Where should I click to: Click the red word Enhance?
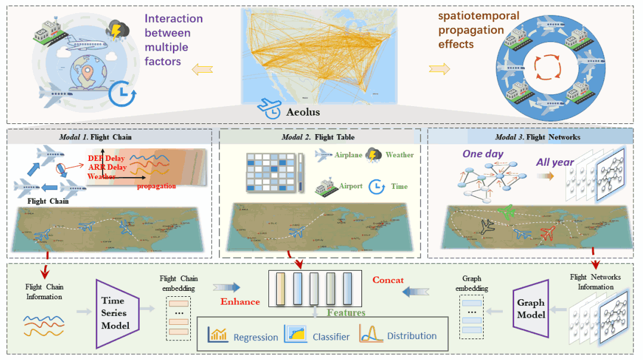coord(240,302)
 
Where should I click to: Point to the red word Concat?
coord(388,280)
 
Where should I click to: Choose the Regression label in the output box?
coord(255,337)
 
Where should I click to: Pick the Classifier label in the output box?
coord(331,337)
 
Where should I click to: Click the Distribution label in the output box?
coord(412,336)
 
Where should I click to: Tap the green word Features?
coord(346,312)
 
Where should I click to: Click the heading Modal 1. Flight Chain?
coord(95,137)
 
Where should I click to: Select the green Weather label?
coord(399,155)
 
